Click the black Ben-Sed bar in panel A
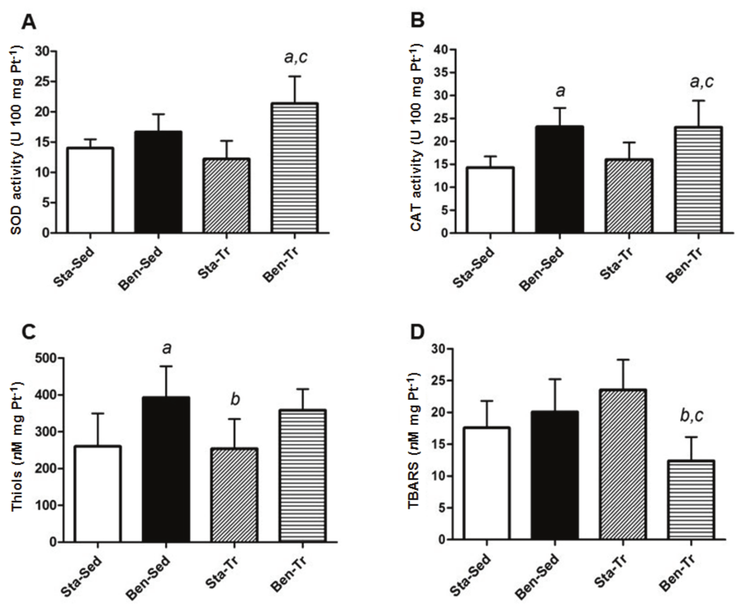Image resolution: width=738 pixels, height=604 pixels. coord(158,182)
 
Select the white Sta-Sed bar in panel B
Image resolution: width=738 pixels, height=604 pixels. coord(490,200)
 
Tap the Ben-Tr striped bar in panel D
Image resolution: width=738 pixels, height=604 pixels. coord(691,500)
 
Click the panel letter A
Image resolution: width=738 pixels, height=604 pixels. coord(29,23)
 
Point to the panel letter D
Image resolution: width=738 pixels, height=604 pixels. coord(418,333)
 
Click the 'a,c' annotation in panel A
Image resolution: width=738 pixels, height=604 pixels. coord(296,58)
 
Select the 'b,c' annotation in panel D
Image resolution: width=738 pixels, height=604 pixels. coord(692,416)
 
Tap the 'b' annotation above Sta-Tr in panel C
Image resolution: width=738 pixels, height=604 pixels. coord(235,400)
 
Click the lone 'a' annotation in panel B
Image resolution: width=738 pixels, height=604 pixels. coord(560,91)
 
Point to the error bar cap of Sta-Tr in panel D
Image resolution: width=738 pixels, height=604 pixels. coord(622,360)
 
